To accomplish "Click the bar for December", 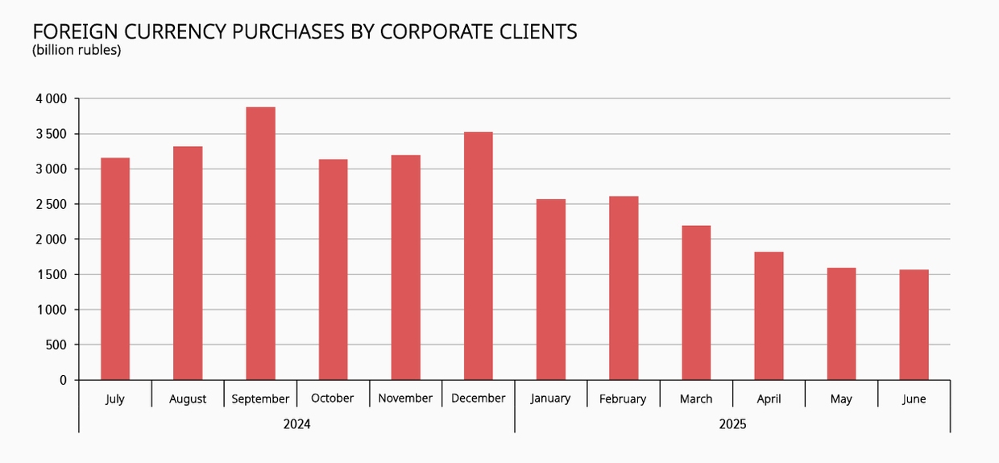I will coord(479,256).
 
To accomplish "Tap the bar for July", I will coord(115,269).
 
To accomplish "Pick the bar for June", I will coord(914,324).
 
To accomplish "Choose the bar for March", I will coord(696,302).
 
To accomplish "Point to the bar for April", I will coord(769,315).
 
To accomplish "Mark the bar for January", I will coord(551,290).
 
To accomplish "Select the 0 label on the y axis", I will coord(64,380).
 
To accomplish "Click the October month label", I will coord(333,398).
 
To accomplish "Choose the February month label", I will coord(623,398).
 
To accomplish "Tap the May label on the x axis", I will coord(841,399).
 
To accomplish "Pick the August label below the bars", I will coord(188,399).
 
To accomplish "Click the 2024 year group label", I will coord(296,424).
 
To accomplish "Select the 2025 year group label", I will coord(732,424).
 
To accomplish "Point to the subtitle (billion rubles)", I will coord(77,50).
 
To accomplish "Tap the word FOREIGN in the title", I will coord(71,31).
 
